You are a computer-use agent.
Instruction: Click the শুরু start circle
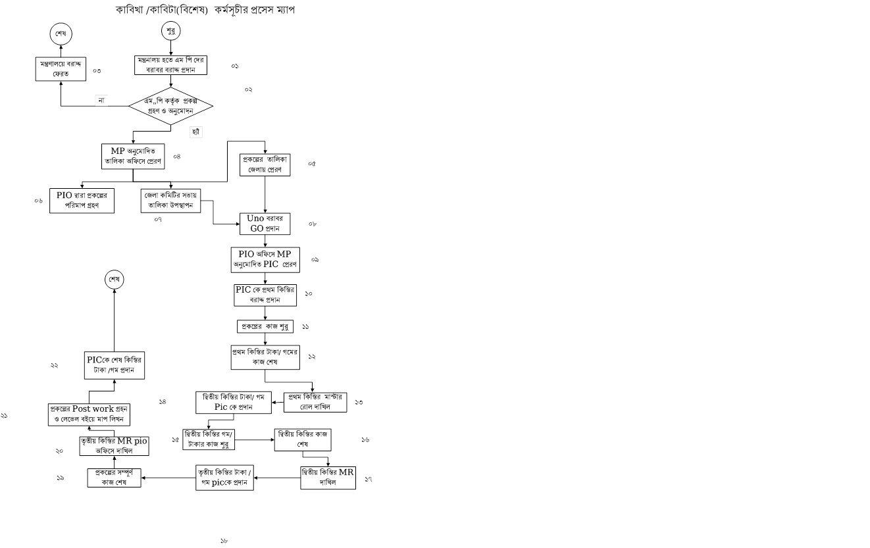click(x=171, y=32)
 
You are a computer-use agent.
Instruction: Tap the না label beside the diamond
click(x=101, y=100)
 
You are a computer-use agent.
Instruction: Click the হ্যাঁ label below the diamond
click(x=195, y=132)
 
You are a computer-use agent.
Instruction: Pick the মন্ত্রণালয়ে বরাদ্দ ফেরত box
click(x=61, y=68)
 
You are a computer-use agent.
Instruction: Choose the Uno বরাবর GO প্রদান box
click(x=265, y=224)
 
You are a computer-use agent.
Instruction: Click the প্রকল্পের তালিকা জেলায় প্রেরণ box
click(x=265, y=164)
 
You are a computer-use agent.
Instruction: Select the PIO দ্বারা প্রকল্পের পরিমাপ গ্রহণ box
click(x=82, y=201)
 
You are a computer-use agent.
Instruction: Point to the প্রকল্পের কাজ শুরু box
click(x=265, y=326)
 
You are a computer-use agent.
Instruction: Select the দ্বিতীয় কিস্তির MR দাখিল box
click(x=328, y=478)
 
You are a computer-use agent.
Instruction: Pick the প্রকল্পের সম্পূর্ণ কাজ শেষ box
click(x=115, y=478)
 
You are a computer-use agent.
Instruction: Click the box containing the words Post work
click(x=90, y=414)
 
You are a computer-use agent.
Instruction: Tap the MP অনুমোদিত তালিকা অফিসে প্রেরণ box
click(x=133, y=155)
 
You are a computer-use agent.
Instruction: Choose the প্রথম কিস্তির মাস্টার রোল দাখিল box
click(x=315, y=402)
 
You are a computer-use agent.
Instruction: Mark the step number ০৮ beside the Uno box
click(x=313, y=224)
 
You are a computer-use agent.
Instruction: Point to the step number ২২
click(x=54, y=365)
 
